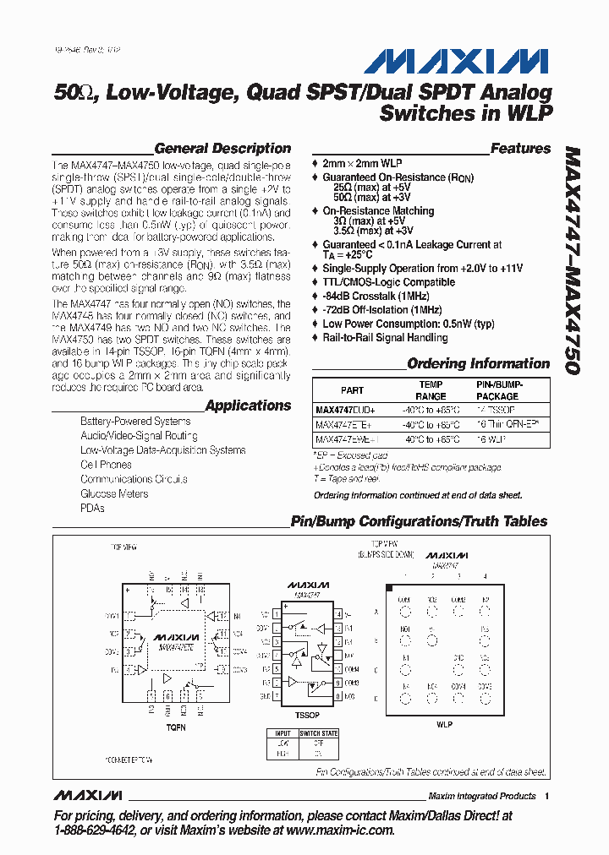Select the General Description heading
coord(222,149)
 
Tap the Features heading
coord(520,149)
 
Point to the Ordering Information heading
coord(478,364)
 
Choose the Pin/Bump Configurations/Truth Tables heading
coord(419,522)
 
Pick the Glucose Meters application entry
coord(114,493)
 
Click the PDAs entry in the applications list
coord(92,508)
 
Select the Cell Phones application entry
coord(106,465)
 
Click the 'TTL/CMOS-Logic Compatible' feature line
coord(388,282)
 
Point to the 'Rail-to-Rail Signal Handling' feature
coord(385,338)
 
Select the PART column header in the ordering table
coord(352,390)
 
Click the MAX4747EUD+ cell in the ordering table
coord(345,408)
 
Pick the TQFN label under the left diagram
coord(174,727)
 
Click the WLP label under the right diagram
coord(444,724)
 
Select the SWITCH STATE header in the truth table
coord(319,732)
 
